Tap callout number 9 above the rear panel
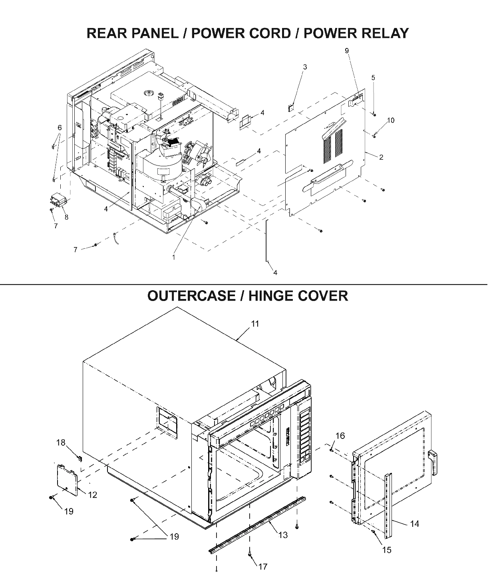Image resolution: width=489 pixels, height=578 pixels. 346,51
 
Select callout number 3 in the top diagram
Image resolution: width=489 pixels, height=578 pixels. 305,67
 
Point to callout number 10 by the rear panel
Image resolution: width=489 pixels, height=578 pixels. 391,120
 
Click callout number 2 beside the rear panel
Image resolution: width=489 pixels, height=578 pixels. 381,157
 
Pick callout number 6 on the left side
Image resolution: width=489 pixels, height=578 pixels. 60,128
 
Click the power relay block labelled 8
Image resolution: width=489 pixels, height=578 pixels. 57,200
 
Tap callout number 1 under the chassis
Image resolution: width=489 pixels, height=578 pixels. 173,258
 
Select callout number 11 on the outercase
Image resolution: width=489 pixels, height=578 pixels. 255,324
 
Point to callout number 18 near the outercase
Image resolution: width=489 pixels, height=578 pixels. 60,442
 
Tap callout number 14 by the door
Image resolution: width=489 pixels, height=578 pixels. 414,524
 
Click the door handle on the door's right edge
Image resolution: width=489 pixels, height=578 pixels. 433,462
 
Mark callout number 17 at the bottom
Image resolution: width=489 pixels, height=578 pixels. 262,566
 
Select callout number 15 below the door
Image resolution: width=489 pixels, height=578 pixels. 386,550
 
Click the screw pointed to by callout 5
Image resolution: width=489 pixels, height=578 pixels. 374,115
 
